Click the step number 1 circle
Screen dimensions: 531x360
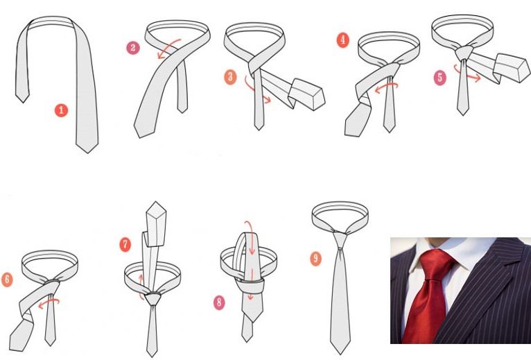point(61,110)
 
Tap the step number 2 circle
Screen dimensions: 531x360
point(133,48)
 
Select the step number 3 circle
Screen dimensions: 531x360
point(230,77)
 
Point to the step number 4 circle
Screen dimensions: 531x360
point(342,40)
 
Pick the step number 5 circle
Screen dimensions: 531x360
point(440,78)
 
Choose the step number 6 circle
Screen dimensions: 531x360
point(7,280)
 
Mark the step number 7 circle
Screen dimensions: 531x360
point(125,244)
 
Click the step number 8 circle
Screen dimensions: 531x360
point(219,302)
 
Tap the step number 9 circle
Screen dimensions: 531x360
point(315,259)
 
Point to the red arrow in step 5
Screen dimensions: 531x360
point(466,75)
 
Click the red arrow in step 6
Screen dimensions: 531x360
point(49,302)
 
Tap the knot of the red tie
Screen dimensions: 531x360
point(436,269)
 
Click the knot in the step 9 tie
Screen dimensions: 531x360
point(340,240)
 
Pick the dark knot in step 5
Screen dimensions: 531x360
point(464,53)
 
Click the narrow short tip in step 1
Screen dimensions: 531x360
point(23,98)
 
